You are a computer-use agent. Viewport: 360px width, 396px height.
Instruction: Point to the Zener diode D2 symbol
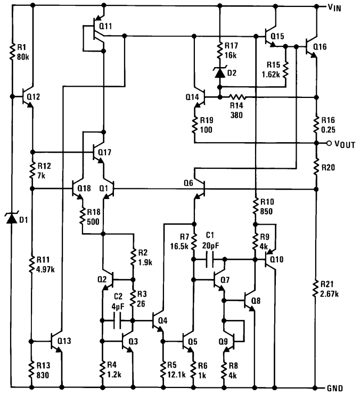pos(219,73)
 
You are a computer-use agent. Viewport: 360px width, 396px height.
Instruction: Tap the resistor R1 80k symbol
pos(12,53)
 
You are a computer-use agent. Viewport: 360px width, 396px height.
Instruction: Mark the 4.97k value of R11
pos(45,268)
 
